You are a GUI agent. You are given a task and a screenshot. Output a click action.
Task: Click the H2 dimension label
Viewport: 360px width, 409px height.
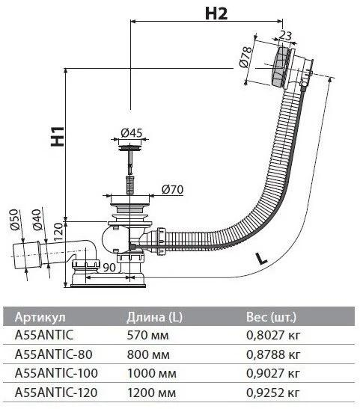(216, 13)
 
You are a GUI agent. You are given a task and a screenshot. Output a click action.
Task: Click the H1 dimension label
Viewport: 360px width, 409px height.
(58, 136)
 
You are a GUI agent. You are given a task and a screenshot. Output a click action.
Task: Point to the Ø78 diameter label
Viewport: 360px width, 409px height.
(245, 57)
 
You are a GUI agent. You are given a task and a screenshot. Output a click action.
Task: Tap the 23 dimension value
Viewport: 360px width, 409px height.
(285, 35)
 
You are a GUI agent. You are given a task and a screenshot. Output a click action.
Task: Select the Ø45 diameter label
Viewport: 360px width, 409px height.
(132, 133)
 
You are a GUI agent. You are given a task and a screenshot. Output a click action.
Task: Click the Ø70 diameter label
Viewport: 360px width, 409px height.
(172, 189)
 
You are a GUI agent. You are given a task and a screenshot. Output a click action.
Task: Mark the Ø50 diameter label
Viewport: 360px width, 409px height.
(15, 219)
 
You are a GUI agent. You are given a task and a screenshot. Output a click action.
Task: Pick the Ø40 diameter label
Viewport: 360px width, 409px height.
(37, 219)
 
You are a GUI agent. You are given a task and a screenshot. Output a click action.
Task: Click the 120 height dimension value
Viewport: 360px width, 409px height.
(58, 231)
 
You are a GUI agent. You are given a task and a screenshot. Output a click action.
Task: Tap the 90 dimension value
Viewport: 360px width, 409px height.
(109, 267)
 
